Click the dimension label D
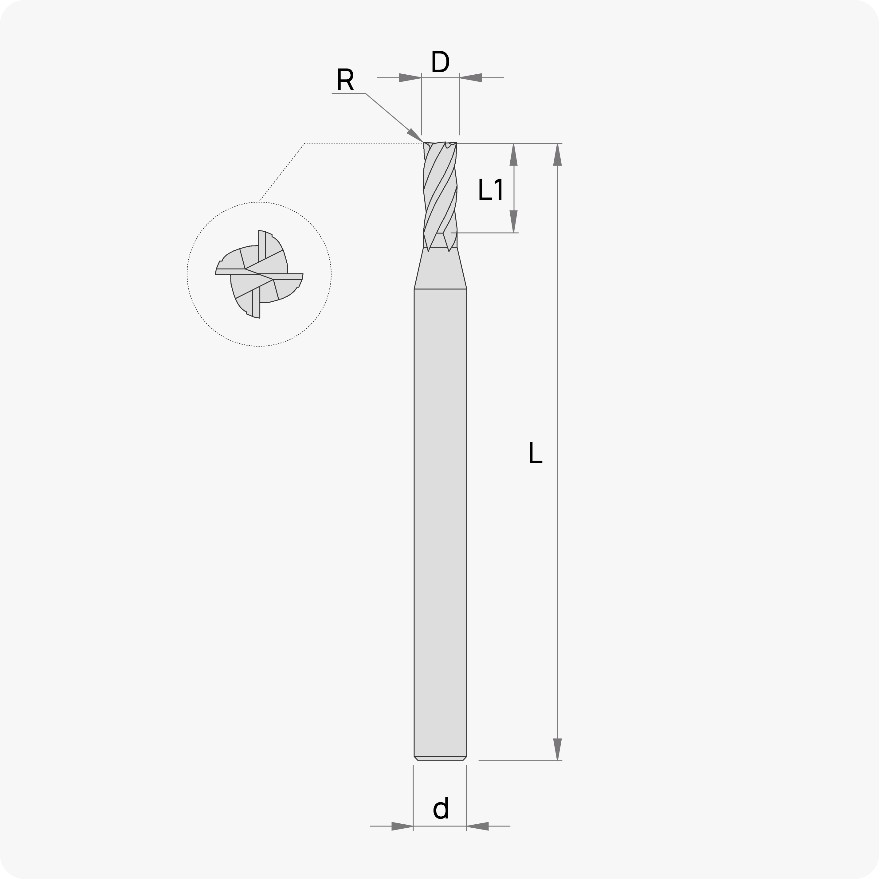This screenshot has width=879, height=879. pyautogui.click(x=440, y=61)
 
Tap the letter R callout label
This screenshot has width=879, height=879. pyautogui.click(x=345, y=79)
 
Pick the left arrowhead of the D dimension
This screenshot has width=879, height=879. pyautogui.click(x=410, y=78)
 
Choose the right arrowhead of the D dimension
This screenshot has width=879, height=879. pyautogui.click(x=470, y=78)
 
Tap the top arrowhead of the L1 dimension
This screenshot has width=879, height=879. pyautogui.click(x=514, y=155)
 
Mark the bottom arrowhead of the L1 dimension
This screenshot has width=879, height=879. pyautogui.click(x=514, y=222)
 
